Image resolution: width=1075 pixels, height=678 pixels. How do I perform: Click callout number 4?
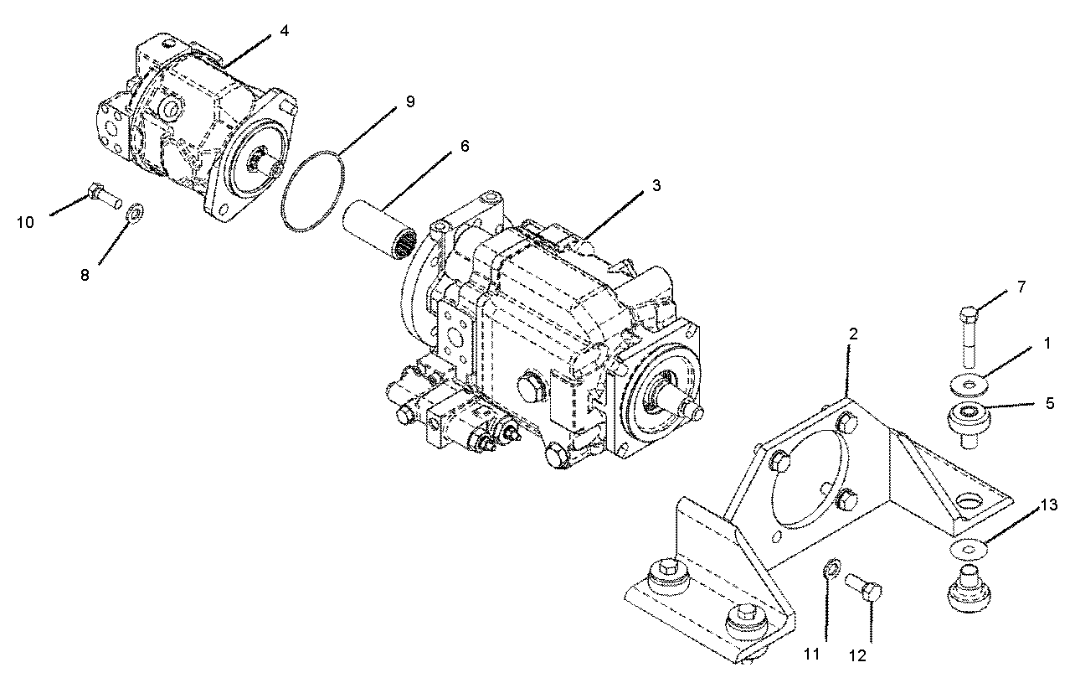coord(285,31)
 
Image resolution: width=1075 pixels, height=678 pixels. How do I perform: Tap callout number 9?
coord(410,102)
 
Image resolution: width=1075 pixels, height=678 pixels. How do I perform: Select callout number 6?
coord(465,146)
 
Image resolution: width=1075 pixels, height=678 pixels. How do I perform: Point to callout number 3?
coord(656,185)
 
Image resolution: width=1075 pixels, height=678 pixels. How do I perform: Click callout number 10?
coord(26,222)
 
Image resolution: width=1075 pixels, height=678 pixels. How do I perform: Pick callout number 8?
coord(85,276)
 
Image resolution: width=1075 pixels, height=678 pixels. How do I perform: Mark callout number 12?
coord(857,656)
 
